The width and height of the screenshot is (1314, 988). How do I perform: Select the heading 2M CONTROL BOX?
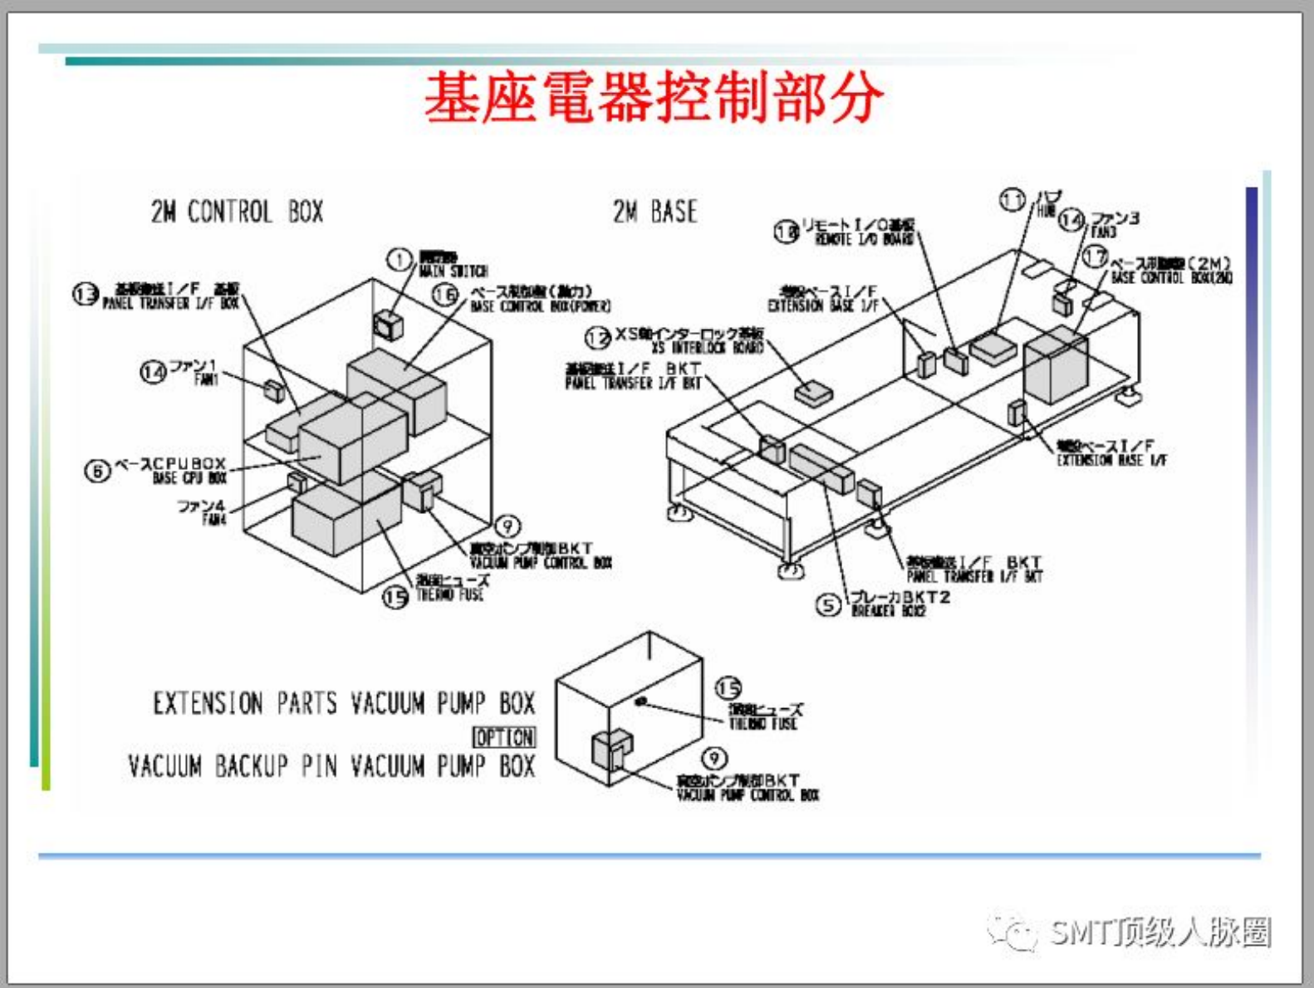click(x=237, y=212)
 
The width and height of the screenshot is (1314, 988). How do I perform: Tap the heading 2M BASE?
click(x=655, y=212)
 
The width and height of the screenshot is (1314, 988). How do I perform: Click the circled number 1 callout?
click(x=400, y=260)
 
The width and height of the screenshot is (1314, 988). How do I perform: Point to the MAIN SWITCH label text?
click(x=454, y=271)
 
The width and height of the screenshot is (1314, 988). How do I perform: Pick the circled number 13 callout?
click(x=86, y=294)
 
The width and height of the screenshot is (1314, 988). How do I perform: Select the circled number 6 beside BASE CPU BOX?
click(x=97, y=471)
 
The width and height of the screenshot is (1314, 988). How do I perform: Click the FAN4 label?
click(x=213, y=520)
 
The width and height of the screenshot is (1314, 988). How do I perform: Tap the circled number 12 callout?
click(x=598, y=338)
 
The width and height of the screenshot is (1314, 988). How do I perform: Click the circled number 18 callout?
click(x=787, y=232)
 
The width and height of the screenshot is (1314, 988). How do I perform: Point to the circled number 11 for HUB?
click(x=1012, y=200)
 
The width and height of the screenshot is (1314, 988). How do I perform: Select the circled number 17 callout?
click(x=1096, y=257)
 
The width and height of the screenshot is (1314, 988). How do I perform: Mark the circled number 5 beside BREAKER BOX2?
click(x=828, y=605)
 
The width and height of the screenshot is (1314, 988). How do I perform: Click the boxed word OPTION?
click(x=504, y=736)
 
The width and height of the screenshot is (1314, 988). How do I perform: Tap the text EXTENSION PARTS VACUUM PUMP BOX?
click(x=343, y=704)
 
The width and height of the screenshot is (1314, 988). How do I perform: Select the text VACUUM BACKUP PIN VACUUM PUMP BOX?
click(x=331, y=765)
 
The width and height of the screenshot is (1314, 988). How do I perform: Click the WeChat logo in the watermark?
click(x=1012, y=932)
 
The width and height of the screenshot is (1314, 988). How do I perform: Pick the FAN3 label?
click(x=1104, y=233)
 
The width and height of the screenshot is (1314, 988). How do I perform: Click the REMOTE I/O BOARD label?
click(x=864, y=239)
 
